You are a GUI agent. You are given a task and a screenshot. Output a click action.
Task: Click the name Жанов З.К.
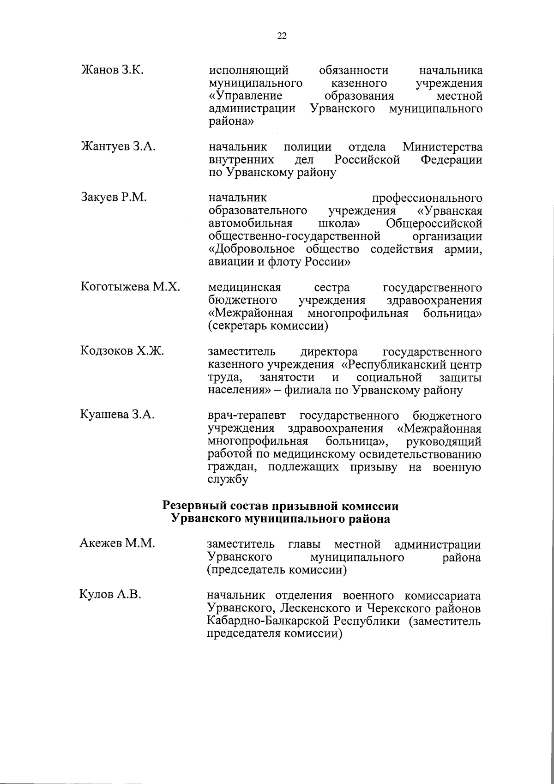[112, 71]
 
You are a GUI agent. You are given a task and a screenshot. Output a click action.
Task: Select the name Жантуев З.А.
[118, 147]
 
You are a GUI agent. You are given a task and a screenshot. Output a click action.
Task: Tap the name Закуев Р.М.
[114, 198]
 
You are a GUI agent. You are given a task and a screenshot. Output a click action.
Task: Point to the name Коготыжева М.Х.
[130, 288]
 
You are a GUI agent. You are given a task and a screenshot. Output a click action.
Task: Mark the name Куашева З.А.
[117, 415]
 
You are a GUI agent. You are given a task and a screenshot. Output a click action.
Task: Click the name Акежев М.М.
[117, 543]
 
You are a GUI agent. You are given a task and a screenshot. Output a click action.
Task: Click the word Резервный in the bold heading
[196, 506]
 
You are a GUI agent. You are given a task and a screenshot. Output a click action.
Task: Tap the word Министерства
[442, 147]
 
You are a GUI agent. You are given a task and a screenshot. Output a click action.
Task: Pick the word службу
[228, 480]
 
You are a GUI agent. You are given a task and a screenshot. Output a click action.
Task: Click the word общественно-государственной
[294, 237]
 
